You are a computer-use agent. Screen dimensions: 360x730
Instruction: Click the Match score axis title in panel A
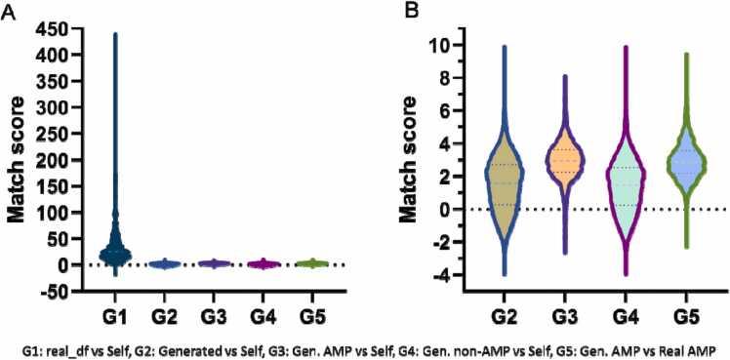pyautogui.click(x=14, y=160)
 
